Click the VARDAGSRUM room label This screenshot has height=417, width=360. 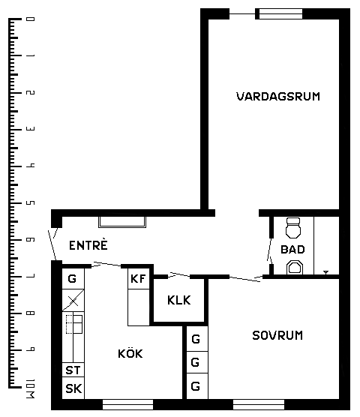278,96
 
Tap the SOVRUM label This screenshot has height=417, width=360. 277,335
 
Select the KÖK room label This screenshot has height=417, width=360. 130,353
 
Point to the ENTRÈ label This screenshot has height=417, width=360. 88,244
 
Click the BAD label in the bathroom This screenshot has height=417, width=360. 292,250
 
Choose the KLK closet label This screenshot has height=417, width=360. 179,300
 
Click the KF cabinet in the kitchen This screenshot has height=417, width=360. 138,279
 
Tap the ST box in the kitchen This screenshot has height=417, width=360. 73,370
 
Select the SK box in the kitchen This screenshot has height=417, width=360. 73,388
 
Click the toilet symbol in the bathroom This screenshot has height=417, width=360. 293,228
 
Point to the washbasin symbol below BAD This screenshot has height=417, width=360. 295,268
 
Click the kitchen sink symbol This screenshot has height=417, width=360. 74,324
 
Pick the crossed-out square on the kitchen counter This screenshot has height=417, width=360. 73,301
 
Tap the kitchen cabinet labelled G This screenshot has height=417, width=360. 73,279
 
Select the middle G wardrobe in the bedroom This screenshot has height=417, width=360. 197,362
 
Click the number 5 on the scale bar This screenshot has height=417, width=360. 30,203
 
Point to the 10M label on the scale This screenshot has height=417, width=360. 30,388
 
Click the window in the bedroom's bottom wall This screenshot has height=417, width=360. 259,404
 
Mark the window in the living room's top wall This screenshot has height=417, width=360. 280,13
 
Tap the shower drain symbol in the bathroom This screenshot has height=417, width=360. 326,272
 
